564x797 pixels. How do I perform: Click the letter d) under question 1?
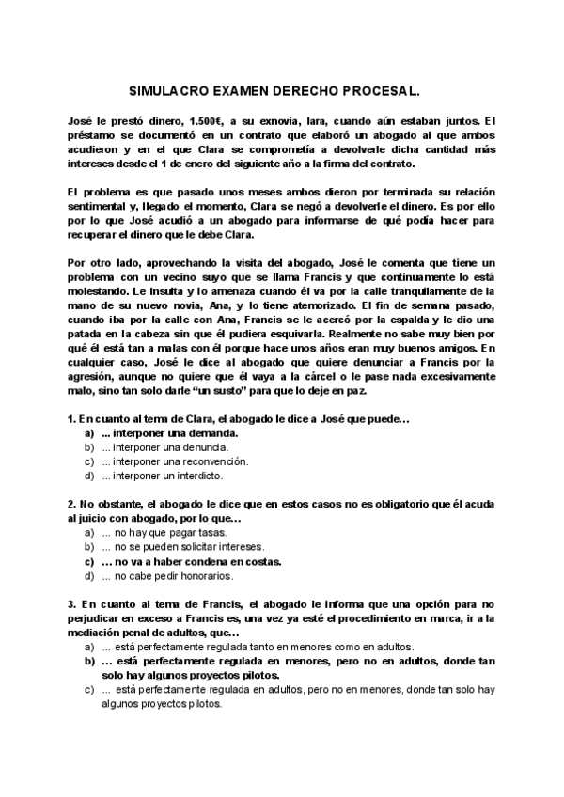[x=90, y=476]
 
